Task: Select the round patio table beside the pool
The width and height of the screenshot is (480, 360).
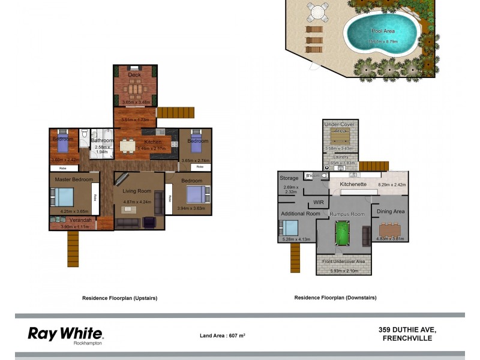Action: click(317, 11)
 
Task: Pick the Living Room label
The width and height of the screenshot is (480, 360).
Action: click(136, 191)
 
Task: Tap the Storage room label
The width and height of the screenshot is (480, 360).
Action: click(289, 178)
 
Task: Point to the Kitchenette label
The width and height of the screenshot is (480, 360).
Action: click(353, 184)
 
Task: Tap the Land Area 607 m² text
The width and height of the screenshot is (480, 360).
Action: click(222, 335)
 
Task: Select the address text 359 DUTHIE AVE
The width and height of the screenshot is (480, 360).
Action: click(407, 329)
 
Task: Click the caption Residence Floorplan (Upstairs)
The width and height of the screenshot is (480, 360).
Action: click(119, 298)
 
